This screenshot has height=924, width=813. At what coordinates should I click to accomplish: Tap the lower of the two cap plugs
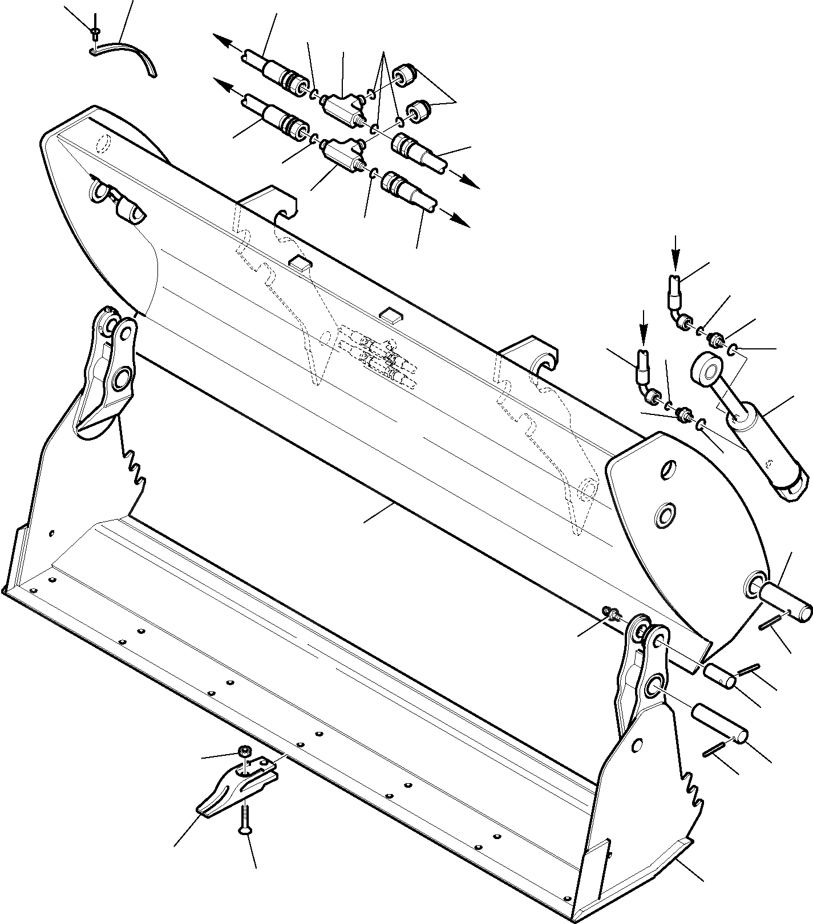point(418,110)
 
